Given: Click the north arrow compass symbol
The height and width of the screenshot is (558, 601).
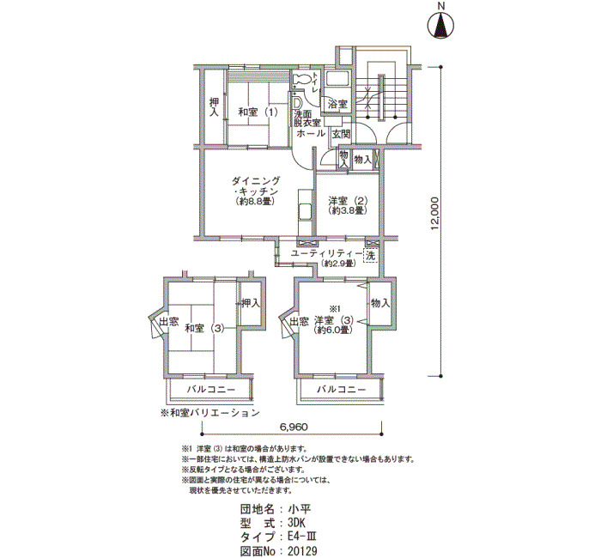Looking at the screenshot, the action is pyautogui.click(x=440, y=25).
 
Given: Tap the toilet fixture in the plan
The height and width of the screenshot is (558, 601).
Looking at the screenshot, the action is pyautogui.click(x=301, y=79).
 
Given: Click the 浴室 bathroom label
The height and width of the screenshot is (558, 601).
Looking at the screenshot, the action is pyautogui.click(x=338, y=104).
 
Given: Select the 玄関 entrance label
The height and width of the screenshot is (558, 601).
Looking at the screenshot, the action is pyautogui.click(x=341, y=134).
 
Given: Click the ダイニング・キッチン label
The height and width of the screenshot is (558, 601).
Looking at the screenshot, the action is pyautogui.click(x=256, y=186).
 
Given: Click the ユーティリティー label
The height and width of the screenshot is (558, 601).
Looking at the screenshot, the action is pyautogui.click(x=326, y=253).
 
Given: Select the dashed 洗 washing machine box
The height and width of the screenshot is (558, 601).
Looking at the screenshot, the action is pyautogui.click(x=371, y=256).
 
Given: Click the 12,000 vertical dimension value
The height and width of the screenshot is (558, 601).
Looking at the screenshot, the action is pyautogui.click(x=434, y=214).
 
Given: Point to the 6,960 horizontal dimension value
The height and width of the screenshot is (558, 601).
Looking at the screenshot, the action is pyautogui.click(x=291, y=427).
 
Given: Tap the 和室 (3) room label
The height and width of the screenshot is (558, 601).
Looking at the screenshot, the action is pyautogui.click(x=204, y=329).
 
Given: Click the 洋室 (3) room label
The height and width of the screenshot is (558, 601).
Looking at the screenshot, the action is pyautogui.click(x=334, y=320).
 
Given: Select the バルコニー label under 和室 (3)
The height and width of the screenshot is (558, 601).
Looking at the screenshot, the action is pyautogui.click(x=211, y=390).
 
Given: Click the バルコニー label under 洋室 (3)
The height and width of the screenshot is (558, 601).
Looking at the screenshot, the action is pyautogui.click(x=341, y=390).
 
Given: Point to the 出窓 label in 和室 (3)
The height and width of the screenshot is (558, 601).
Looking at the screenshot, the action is pyautogui.click(x=169, y=322).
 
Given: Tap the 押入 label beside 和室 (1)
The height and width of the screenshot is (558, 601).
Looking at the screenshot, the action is pyautogui.click(x=214, y=107).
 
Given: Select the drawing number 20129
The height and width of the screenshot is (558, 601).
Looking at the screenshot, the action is pyautogui.click(x=303, y=551).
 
